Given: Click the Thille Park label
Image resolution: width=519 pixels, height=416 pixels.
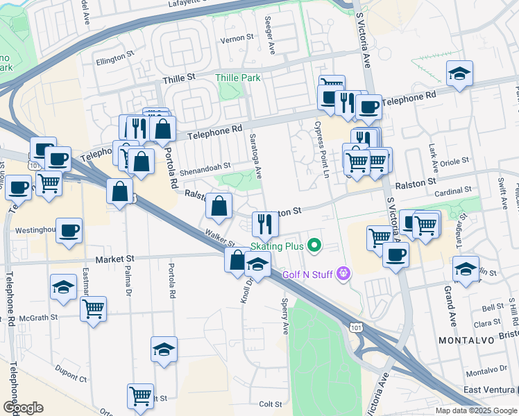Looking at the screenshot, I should click(x=238, y=78).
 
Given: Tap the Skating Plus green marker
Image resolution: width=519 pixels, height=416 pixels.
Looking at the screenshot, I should click(x=314, y=245).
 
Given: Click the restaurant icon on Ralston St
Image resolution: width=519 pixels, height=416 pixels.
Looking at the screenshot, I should click(x=264, y=223).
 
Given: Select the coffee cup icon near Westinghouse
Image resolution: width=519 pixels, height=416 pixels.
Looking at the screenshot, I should click(x=69, y=230).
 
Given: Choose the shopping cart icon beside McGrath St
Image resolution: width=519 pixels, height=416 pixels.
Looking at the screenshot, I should click(x=93, y=307).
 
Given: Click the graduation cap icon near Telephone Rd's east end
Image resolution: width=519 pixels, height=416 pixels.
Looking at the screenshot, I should click(x=459, y=73).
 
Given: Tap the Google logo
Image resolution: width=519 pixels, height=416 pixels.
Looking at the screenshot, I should click(x=23, y=408).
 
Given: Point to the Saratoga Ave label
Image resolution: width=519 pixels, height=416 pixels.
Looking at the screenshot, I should click(x=255, y=157).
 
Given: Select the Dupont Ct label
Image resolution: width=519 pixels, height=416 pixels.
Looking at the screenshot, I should click(x=73, y=379).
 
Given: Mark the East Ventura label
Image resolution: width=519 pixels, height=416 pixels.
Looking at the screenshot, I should click(x=490, y=390).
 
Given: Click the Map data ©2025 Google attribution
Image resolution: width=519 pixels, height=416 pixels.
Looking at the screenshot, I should click(x=475, y=410).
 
